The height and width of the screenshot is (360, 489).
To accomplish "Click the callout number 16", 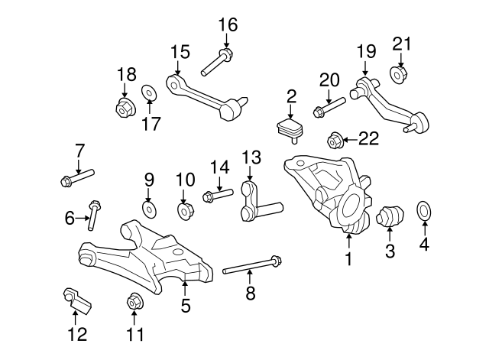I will (228, 24).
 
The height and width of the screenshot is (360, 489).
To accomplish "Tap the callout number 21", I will (402, 44).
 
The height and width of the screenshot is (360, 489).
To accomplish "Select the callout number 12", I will (77, 334).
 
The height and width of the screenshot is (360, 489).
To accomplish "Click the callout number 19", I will (366, 51).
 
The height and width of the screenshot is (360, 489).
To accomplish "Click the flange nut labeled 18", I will (124, 109).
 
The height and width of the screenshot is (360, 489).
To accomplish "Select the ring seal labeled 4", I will (423, 209).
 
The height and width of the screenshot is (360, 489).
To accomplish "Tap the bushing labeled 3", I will (390, 217).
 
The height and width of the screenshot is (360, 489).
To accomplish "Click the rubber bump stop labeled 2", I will (289, 128).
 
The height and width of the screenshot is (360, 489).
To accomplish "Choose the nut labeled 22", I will (333, 140).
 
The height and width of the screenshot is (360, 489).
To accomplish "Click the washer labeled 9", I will (149, 208).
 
